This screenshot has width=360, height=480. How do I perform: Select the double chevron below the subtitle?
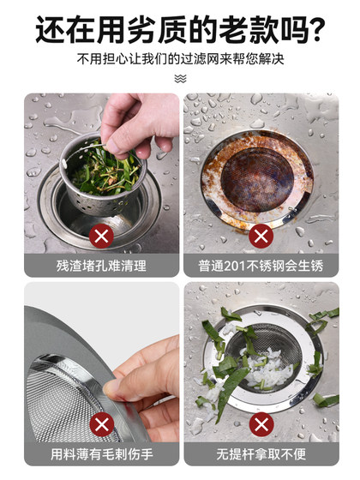tap(180, 78)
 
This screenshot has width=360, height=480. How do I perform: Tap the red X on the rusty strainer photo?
tap(261, 235)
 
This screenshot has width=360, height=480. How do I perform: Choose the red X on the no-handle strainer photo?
tap(261, 423)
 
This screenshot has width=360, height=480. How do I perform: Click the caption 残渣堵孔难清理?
tap(102, 266)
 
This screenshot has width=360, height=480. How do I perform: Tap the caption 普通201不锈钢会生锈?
tap(261, 266)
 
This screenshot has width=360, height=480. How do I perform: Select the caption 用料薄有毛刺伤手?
tap(102, 454)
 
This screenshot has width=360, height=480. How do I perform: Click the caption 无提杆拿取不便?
tap(261, 454)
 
